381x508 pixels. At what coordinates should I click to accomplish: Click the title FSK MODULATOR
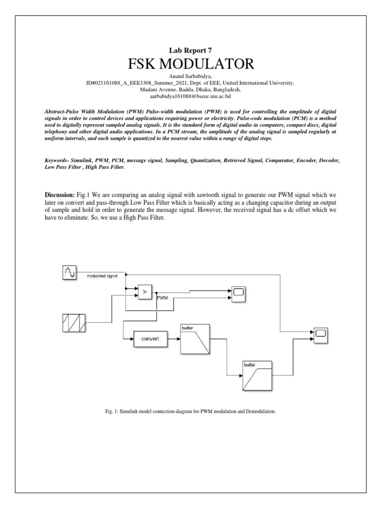[190, 64]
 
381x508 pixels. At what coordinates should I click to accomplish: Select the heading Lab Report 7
[190, 50]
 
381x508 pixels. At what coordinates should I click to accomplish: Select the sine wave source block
[69, 272]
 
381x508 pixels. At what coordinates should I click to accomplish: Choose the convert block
[149, 340]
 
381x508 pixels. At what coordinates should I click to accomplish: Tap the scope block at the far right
[319, 335]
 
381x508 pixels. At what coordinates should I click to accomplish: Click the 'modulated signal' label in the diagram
[102, 275]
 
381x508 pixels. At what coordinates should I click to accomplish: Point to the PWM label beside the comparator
[162, 298]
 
